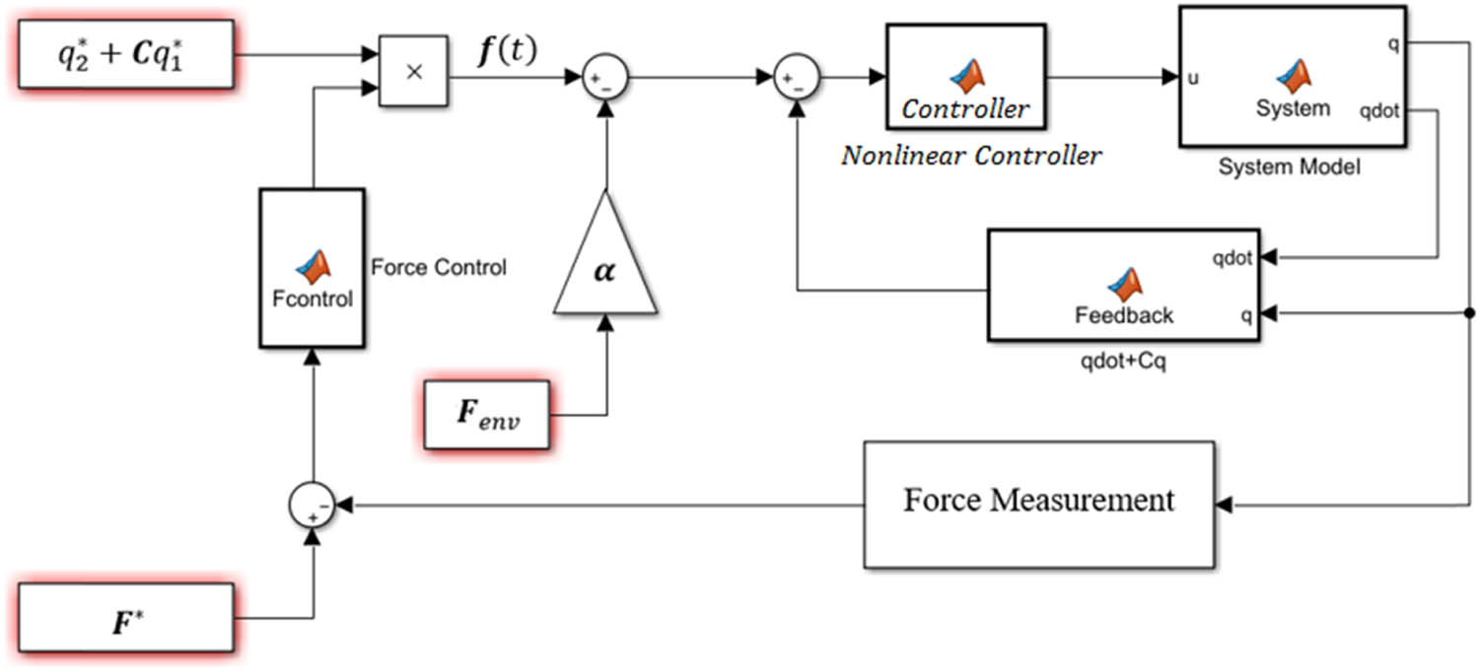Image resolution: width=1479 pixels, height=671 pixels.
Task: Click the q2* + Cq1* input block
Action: click(126, 54)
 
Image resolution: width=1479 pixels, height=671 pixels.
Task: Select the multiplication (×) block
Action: click(413, 75)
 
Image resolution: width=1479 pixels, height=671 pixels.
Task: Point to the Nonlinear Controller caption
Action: click(971, 156)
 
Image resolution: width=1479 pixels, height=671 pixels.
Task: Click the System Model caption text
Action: click(1289, 168)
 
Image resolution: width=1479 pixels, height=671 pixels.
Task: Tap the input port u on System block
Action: click(1193, 78)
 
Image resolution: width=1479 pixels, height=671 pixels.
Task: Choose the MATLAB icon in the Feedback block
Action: click(1125, 284)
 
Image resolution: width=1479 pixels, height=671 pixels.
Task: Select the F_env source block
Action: click(486, 415)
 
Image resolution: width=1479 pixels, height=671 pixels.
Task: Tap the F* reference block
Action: click(126, 618)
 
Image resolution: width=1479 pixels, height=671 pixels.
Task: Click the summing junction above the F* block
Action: click(312, 506)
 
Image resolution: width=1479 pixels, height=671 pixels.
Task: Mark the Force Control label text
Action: click(438, 267)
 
